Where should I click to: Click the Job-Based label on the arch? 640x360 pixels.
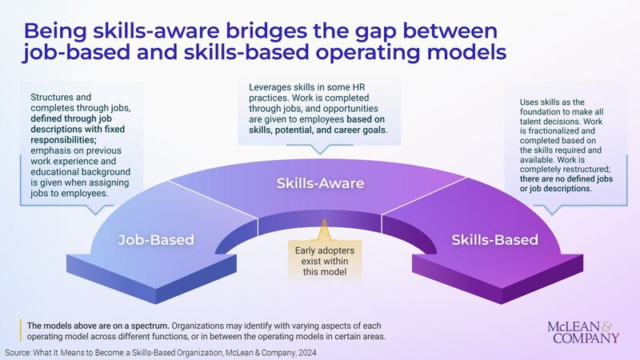coord(156,239)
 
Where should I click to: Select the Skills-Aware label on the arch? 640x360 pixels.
coord(320,183)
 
